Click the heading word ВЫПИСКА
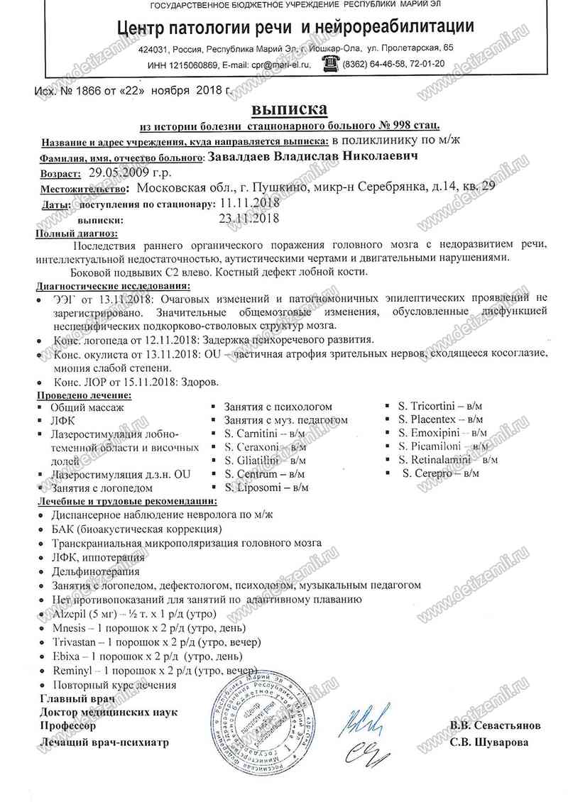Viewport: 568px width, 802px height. (290, 110)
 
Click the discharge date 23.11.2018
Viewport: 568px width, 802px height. (248, 219)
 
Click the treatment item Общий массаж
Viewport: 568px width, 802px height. (87, 407)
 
